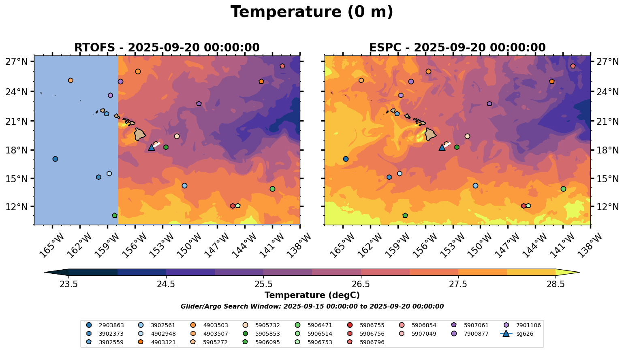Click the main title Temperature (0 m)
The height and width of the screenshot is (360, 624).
coord(312,12)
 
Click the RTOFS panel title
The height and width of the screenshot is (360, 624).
coord(167,48)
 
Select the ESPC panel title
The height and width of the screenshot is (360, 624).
coord(457,48)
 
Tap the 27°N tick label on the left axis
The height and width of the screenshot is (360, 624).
coord(17,62)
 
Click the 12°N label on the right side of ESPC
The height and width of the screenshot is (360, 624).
coord(608,207)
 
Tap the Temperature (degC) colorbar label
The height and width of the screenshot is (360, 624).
coord(312,296)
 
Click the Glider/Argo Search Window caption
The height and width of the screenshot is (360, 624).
coord(312,307)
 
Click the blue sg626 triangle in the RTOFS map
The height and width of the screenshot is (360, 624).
coord(152,148)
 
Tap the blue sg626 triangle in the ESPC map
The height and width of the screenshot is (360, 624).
coord(442,148)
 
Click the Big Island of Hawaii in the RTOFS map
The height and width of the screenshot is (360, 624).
coord(140,134)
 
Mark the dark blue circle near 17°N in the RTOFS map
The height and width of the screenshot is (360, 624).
coord(55,159)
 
